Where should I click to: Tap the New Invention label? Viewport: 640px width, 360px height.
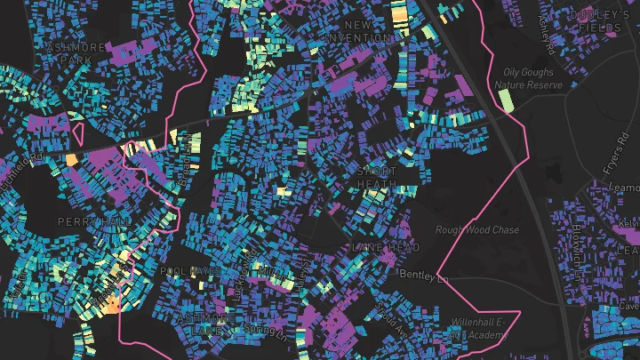[357, 32]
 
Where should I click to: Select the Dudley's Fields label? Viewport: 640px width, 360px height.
[599, 21]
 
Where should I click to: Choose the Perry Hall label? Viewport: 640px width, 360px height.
[88, 220]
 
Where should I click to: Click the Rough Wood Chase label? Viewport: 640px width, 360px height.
[476, 229]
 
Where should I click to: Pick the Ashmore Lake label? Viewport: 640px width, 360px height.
[206, 323]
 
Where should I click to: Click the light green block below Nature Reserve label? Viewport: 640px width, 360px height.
[507, 100]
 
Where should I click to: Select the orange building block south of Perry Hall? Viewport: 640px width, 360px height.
[112, 305]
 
